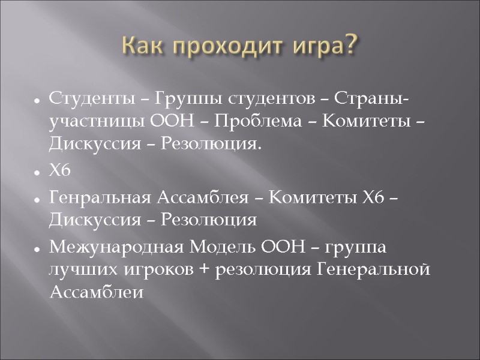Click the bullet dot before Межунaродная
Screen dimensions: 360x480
coord(37,249)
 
